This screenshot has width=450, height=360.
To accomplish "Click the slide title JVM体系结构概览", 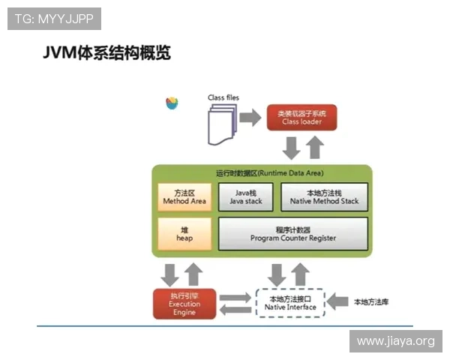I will point(106,53).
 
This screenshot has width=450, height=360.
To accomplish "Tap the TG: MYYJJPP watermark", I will point(54,18).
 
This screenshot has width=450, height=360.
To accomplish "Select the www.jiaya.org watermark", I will point(395,341).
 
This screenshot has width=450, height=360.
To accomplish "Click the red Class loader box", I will point(301,118).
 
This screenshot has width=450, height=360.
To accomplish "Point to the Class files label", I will point(223,98).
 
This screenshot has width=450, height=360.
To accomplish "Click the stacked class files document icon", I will point(220,123).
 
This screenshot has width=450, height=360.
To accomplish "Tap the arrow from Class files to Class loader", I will point(249,118).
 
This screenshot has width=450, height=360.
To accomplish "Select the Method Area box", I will point(184,197).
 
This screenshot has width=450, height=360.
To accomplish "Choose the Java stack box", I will point(246,197).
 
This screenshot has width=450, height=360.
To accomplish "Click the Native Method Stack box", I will point(324,197).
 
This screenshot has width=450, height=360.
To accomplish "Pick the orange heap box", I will point(184,234).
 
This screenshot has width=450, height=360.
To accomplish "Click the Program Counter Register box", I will point(292,234).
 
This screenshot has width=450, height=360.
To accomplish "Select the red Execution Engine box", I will point(184,303).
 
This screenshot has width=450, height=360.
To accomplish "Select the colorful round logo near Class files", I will point(172,103).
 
